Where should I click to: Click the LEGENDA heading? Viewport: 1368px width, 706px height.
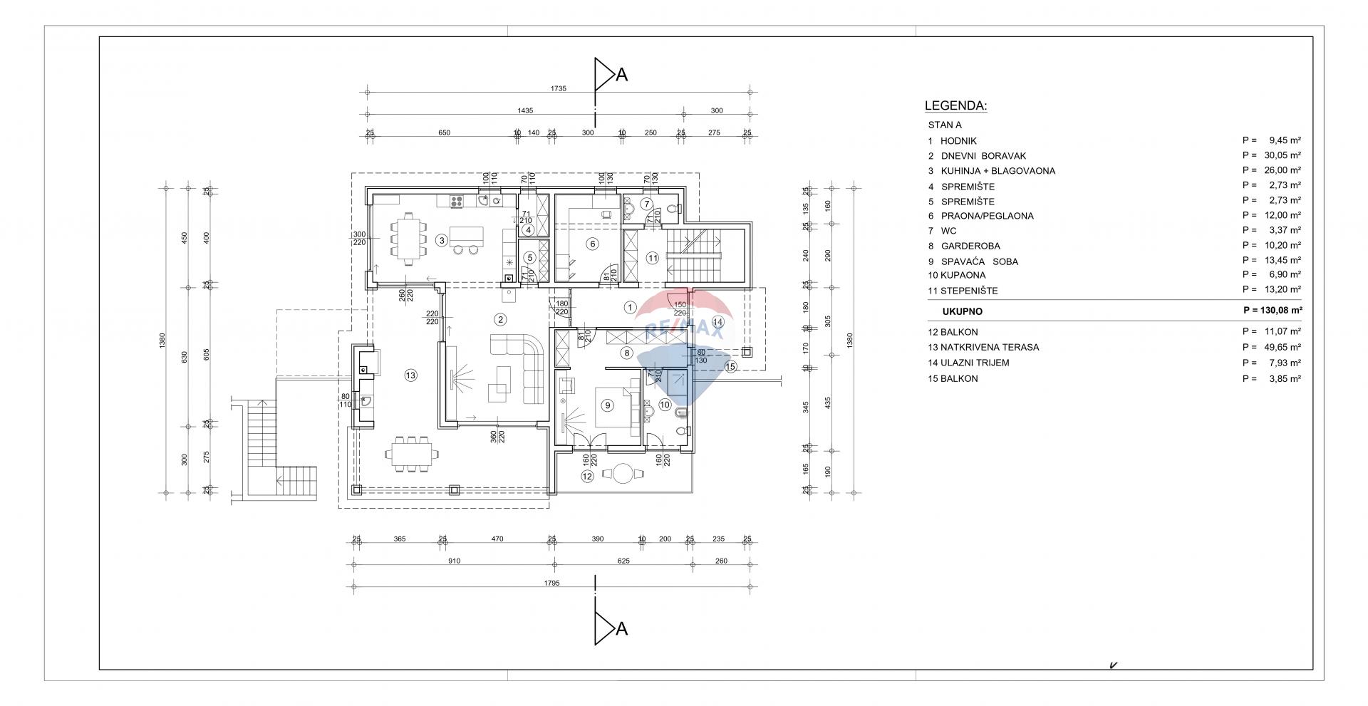tap(955, 106)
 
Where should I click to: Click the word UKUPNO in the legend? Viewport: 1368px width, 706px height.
tap(962, 311)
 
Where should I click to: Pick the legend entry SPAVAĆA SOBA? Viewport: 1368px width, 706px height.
tap(979, 261)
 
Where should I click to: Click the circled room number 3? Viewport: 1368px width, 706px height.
tap(442, 241)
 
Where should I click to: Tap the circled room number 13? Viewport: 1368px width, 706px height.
tap(410, 375)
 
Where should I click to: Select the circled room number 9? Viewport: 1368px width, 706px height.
tap(607, 405)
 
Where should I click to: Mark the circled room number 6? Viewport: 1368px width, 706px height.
tap(591, 244)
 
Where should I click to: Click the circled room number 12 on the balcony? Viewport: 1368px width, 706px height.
tap(587, 477)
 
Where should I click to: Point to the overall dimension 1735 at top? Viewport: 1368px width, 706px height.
tap(558, 88)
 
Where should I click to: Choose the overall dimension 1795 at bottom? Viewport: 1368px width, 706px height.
tap(551, 583)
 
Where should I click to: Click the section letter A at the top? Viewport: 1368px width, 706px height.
tap(621, 75)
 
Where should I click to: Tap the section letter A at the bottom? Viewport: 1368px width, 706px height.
tap(621, 629)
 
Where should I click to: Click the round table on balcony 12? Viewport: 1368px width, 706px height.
tap(624, 474)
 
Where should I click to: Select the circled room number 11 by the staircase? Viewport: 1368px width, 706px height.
tap(653, 258)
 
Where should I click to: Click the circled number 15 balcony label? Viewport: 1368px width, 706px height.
tap(730, 366)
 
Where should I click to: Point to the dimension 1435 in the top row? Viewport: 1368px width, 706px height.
tap(525, 110)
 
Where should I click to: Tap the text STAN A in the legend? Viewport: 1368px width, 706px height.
tap(945, 125)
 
